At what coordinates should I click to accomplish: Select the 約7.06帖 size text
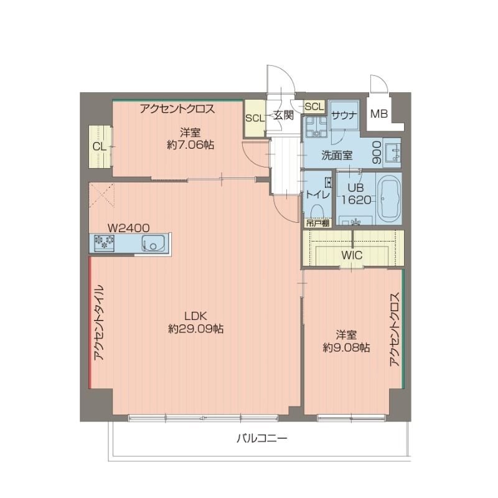click(190, 145)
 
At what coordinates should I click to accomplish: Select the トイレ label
click(317, 194)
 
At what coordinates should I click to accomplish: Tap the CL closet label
click(99, 147)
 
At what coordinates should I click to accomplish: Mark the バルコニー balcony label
click(261, 438)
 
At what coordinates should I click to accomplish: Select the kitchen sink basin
click(153, 243)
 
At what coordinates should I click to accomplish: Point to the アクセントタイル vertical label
click(99, 323)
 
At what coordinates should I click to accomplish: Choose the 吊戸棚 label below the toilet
click(317, 221)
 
